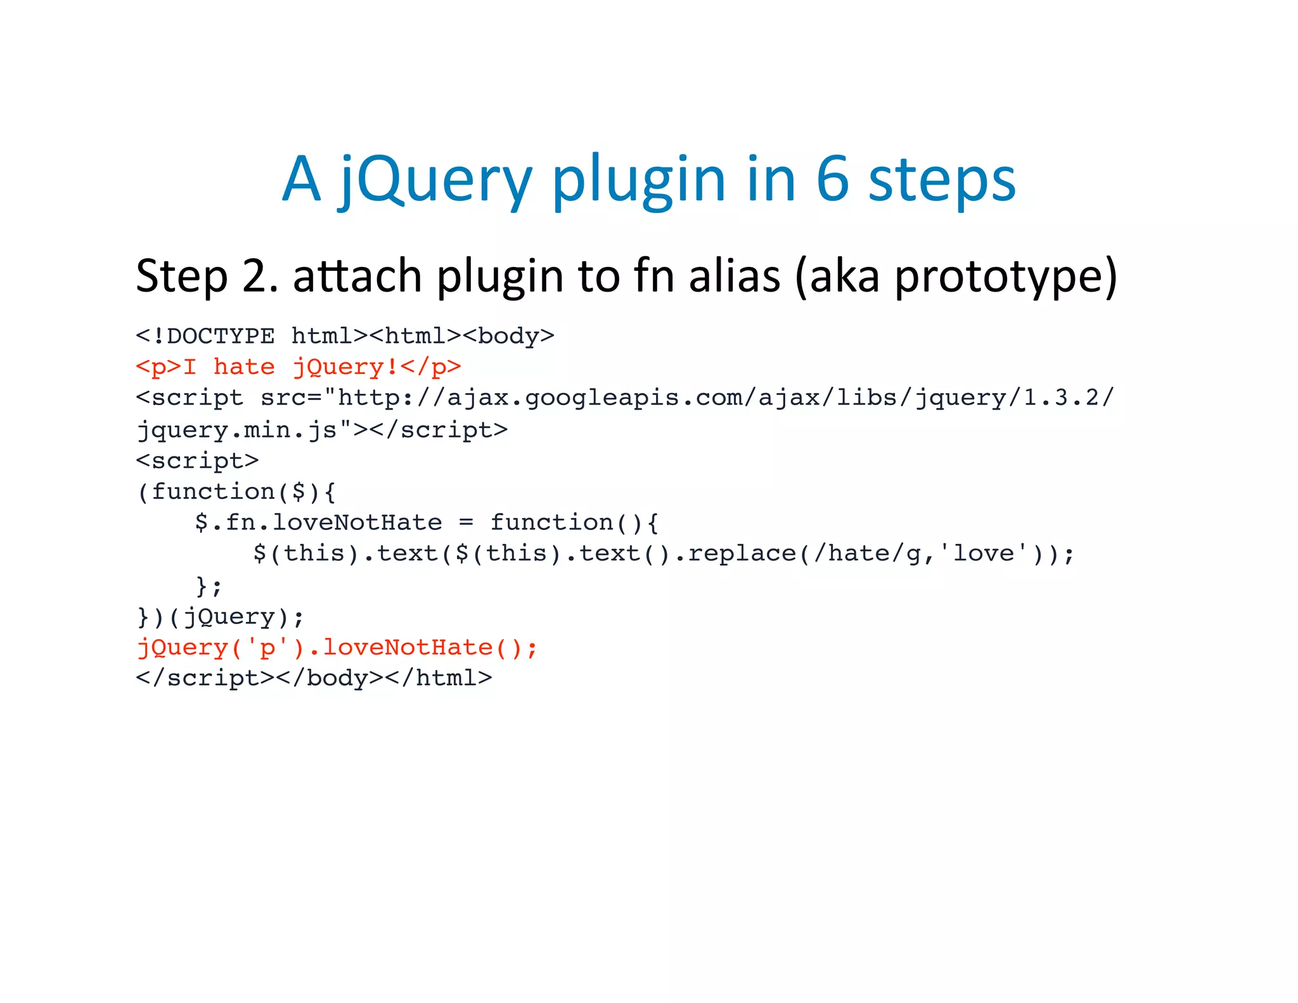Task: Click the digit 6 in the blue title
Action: pos(832,180)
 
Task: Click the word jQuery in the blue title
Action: pos(436,180)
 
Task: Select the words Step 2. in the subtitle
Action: pos(207,276)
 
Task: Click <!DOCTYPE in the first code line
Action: pos(205,336)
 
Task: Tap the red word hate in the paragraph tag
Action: pos(244,367)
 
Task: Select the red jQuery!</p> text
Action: pos(376,367)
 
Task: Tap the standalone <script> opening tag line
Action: pos(197,461)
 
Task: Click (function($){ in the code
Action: pos(236,492)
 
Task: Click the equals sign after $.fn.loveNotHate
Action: pos(466,523)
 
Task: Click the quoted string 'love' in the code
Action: pos(984,554)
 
